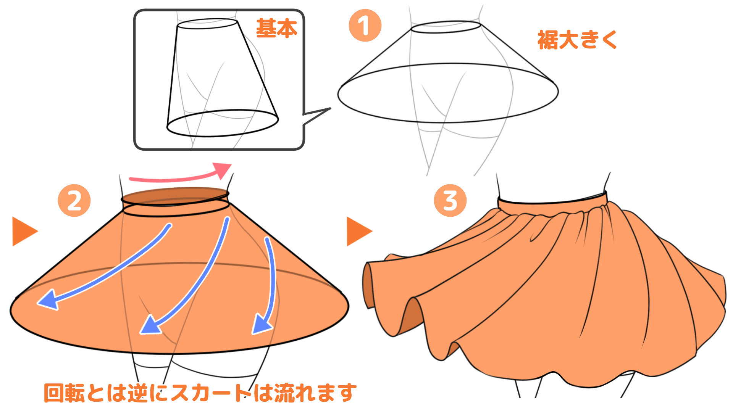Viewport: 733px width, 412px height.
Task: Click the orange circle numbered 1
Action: (x=365, y=26)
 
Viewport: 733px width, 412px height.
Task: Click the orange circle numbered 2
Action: (x=74, y=201)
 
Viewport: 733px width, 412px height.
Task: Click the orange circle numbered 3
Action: (x=450, y=201)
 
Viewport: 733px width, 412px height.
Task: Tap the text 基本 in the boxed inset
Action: (x=276, y=28)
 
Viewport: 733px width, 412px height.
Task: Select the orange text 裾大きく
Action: (x=577, y=40)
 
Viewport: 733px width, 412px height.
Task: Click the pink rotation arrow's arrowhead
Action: (x=224, y=170)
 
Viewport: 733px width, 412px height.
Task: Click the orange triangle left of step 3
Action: (x=357, y=231)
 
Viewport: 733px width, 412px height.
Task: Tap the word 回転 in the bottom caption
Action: (x=64, y=393)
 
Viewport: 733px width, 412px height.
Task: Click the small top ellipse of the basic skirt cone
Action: (x=207, y=24)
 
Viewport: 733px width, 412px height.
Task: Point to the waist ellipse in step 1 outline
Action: (x=446, y=27)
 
